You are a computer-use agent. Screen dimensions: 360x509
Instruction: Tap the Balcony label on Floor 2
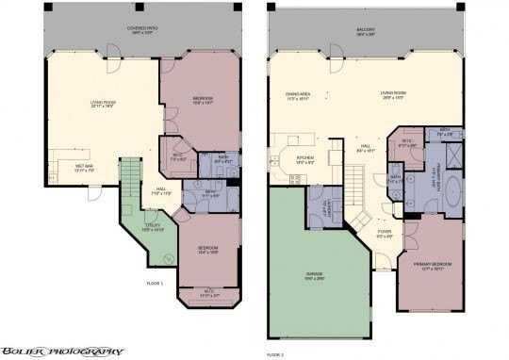click(366, 30)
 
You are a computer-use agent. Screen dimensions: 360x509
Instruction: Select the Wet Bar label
click(85, 168)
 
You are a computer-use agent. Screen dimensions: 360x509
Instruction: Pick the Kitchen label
click(305, 158)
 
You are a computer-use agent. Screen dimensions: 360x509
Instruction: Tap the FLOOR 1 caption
click(156, 283)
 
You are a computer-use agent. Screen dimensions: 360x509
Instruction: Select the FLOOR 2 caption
click(275, 354)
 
